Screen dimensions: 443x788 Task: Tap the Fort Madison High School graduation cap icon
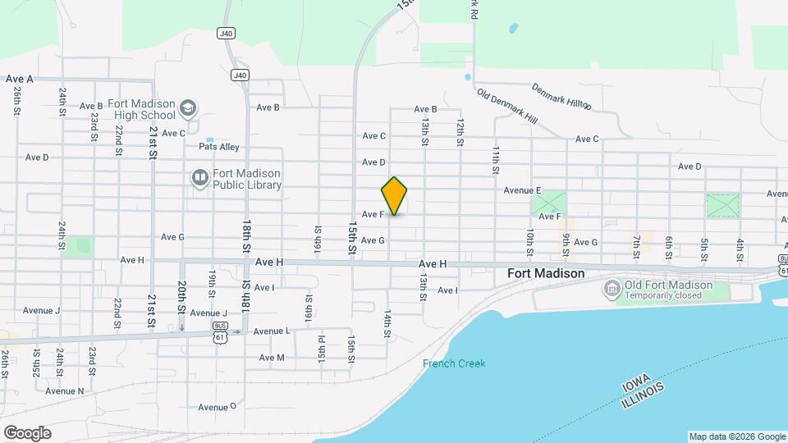pyautogui.click(x=189, y=108)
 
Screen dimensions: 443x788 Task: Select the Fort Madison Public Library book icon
pyautogui.click(x=199, y=178)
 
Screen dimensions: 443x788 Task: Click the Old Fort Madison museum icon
pyautogui.click(x=611, y=288)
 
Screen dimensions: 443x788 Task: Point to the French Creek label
pyautogui.click(x=454, y=363)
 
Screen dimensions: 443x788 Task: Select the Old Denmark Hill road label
pyautogui.click(x=506, y=106)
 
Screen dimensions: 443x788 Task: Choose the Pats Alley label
pyautogui.click(x=218, y=147)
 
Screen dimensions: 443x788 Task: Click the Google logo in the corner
pyautogui.click(x=27, y=432)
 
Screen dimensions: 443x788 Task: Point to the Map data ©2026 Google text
pyautogui.click(x=737, y=436)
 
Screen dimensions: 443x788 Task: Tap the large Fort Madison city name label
pyautogui.click(x=546, y=273)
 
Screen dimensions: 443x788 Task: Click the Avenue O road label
pyautogui.click(x=217, y=406)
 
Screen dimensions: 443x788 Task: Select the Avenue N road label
pyautogui.click(x=64, y=390)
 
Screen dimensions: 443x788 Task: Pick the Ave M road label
pyautogui.click(x=271, y=358)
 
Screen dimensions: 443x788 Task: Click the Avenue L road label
pyautogui.click(x=271, y=331)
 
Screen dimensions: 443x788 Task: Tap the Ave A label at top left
pyautogui.click(x=19, y=79)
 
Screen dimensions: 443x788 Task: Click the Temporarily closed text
pyautogui.click(x=664, y=295)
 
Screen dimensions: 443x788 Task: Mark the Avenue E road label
pyautogui.click(x=522, y=190)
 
